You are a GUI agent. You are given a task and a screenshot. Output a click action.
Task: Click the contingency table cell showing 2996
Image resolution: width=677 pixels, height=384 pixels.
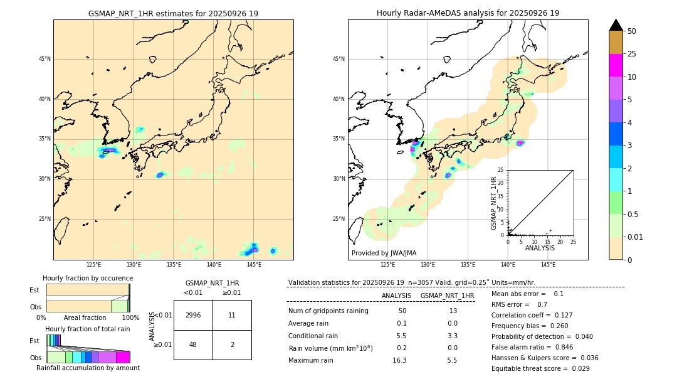point(193,315)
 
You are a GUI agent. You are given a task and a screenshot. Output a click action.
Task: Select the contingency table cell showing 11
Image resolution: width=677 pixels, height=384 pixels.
point(232,315)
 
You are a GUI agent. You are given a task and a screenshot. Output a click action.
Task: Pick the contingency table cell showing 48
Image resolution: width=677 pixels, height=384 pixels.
point(193,344)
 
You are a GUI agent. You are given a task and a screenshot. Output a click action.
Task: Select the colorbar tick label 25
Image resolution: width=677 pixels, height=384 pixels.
point(632,54)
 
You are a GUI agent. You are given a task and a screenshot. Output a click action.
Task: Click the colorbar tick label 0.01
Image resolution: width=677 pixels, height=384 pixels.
point(636,237)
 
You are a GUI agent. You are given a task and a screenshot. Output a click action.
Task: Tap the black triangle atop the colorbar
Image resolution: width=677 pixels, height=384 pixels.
point(616,25)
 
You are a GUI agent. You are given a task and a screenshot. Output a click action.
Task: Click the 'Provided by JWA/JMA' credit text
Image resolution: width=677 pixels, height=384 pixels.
point(384,253)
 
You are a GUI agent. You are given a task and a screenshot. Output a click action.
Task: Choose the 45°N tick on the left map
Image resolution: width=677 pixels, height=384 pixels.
point(45,59)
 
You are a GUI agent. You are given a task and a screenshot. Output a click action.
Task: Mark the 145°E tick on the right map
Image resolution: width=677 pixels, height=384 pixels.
point(548,265)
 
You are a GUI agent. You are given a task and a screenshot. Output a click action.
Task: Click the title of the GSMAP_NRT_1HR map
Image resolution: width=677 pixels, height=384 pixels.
point(173,13)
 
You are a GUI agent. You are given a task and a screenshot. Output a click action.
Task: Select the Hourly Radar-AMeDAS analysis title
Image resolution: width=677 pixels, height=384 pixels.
point(468,13)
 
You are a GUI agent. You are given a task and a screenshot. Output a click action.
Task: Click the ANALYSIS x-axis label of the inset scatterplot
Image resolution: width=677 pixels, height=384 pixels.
point(540,248)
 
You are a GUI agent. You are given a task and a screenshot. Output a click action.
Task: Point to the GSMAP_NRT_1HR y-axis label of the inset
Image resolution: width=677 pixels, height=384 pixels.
point(493,203)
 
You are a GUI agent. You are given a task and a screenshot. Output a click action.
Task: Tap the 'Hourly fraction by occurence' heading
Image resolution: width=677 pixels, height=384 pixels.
point(88,278)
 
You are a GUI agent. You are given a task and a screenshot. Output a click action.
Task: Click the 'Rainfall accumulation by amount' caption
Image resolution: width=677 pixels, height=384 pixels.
point(88,368)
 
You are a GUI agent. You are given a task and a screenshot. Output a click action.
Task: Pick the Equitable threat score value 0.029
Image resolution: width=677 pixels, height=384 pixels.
point(575,368)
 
